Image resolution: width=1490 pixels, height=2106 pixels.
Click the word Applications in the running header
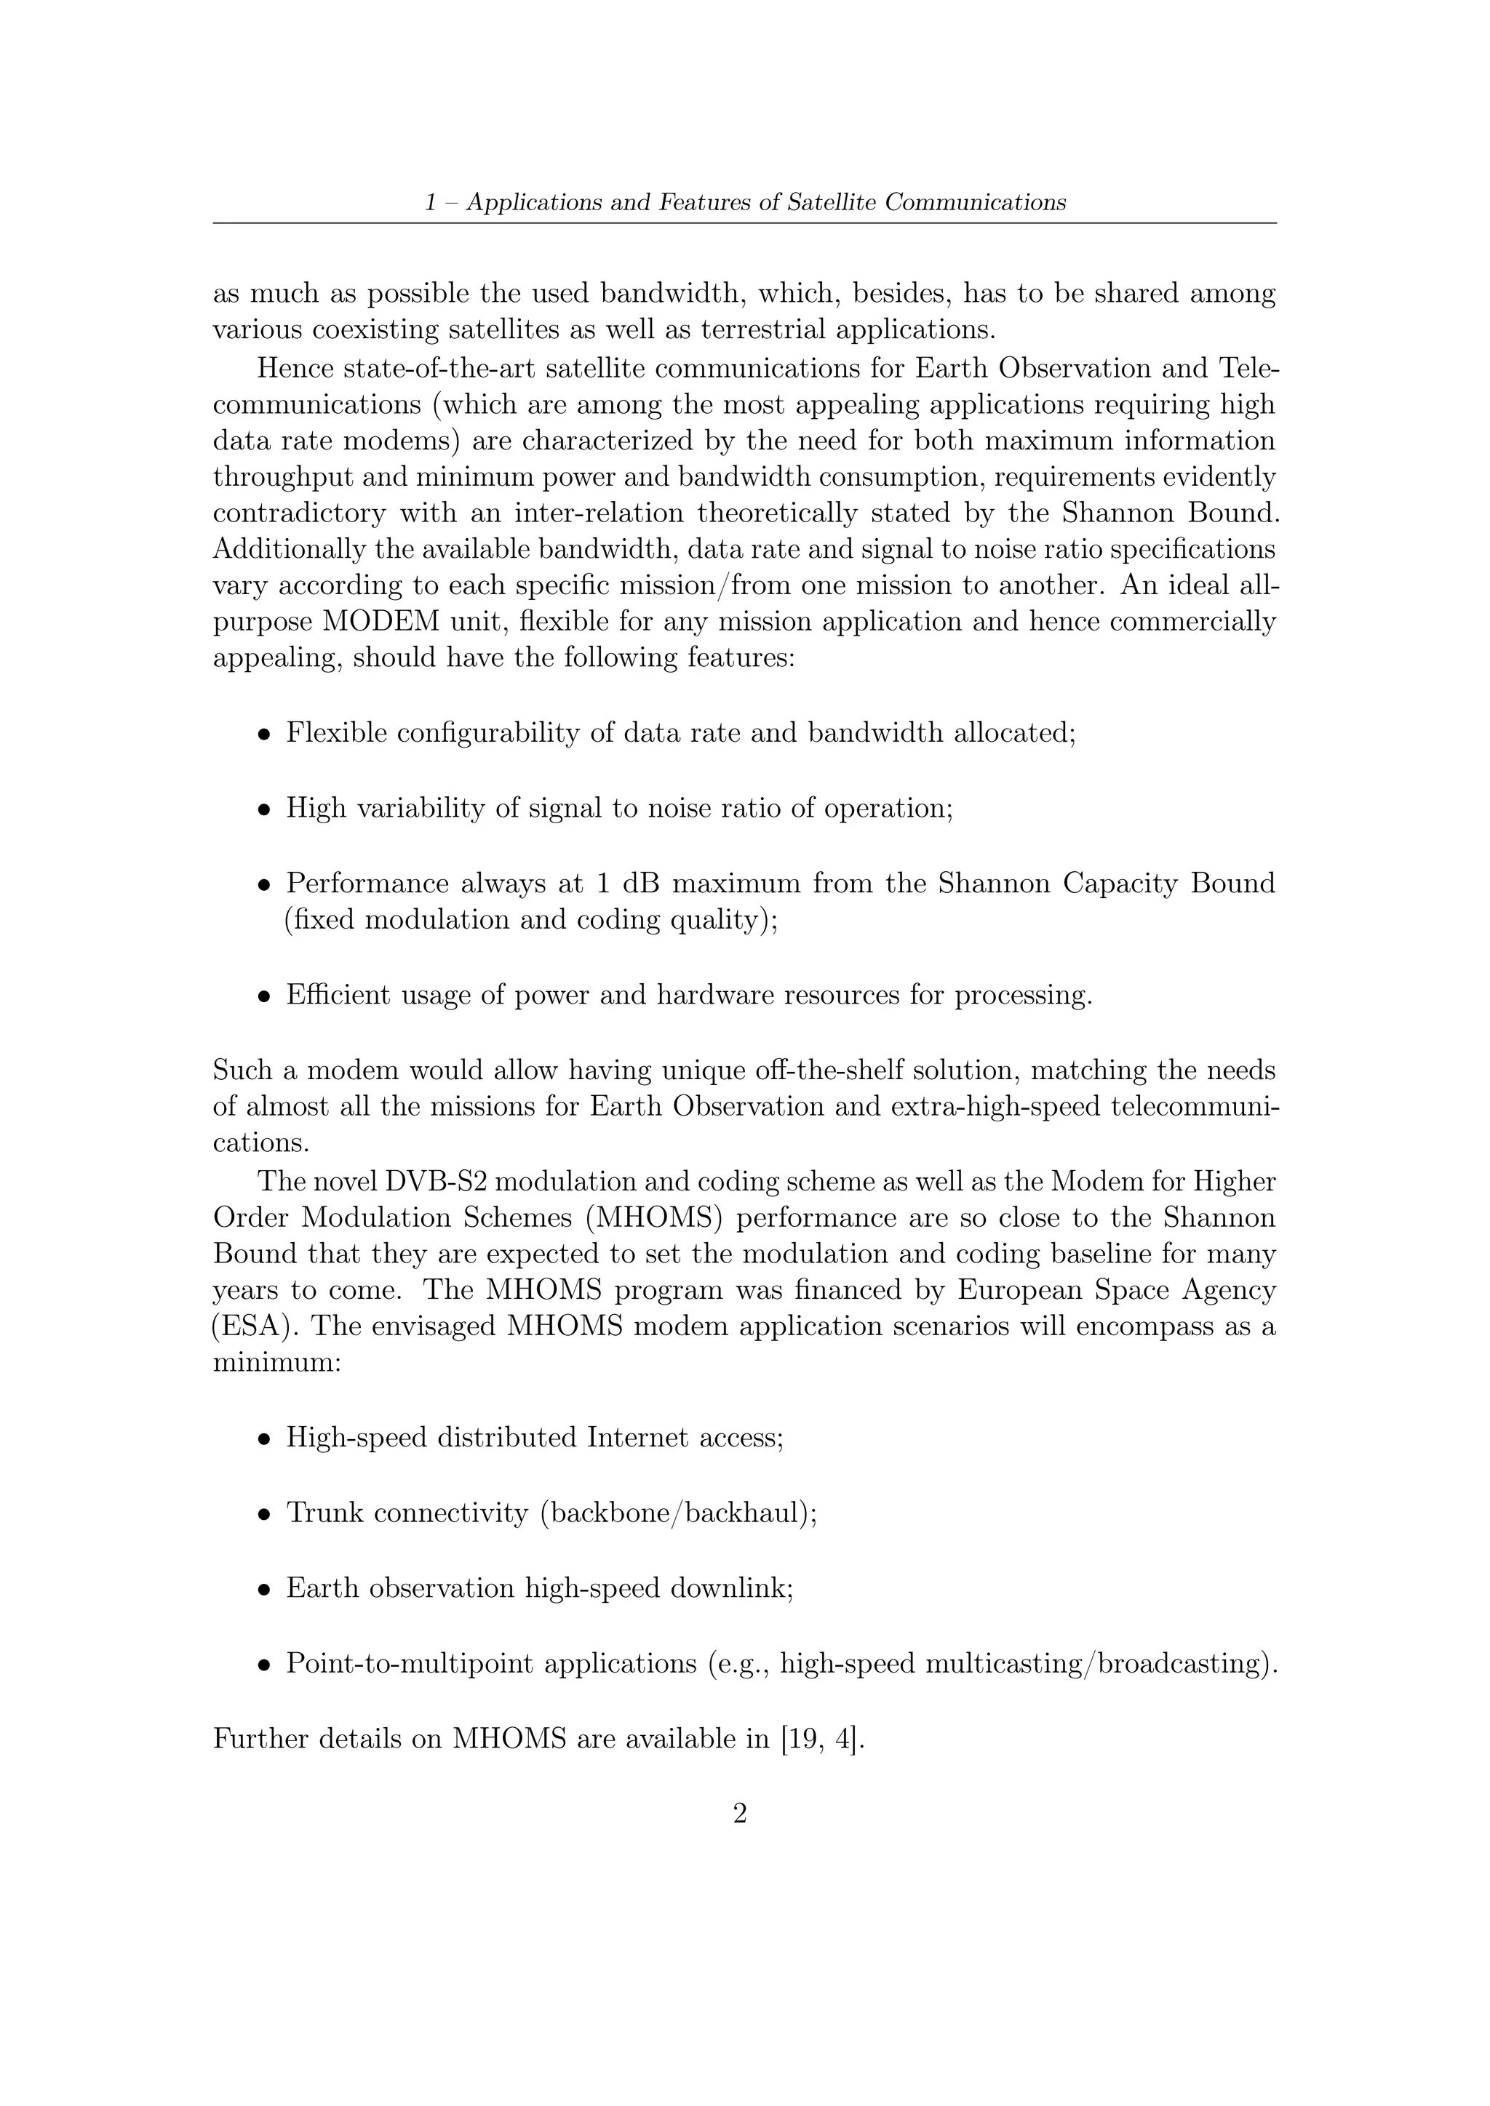click(x=531, y=203)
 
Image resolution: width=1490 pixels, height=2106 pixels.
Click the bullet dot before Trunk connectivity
click(x=264, y=1514)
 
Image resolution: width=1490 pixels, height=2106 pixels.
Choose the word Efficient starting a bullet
click(x=338, y=996)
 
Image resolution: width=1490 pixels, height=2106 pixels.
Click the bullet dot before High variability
click(x=264, y=810)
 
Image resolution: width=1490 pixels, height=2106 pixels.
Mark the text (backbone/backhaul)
click(x=678, y=1513)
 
